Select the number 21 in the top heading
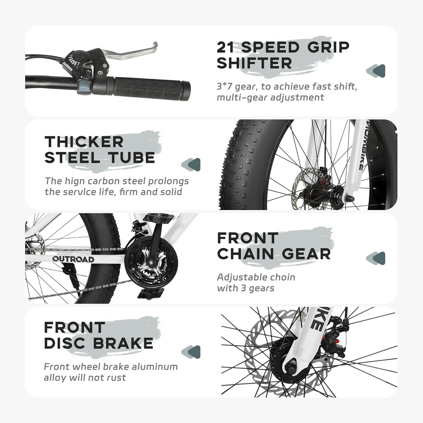click(226, 47)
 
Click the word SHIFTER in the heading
click(254, 63)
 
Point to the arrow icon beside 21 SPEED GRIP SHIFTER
click(376, 71)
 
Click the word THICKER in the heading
click(84, 142)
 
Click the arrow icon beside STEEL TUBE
click(191, 165)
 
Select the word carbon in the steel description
click(105, 181)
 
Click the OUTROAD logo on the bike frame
click(73, 259)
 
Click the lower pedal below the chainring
click(151, 293)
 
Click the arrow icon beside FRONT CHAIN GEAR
click(376, 258)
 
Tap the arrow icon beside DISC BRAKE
click(191, 352)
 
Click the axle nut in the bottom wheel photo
click(290, 367)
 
